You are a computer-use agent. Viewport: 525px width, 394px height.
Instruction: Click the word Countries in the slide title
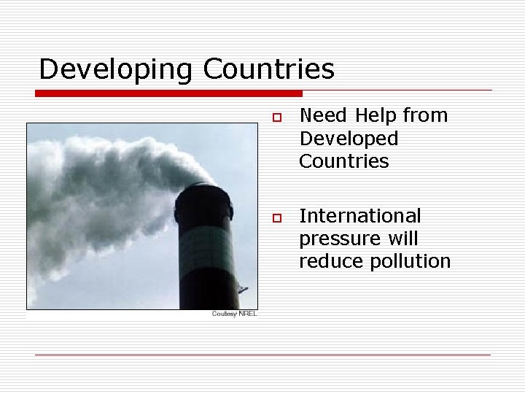269,69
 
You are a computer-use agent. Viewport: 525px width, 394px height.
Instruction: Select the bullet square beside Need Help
276,117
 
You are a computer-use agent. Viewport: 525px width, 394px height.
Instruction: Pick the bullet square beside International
276,218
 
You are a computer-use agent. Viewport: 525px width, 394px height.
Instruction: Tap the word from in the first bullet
425,115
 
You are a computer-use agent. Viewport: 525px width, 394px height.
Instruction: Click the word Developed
349,138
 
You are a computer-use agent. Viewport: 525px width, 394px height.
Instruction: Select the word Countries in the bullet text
344,161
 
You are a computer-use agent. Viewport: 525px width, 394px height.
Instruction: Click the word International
360,216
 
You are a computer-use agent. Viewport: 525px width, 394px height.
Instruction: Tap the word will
403,239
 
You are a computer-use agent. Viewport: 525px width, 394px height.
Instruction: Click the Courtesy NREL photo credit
234,314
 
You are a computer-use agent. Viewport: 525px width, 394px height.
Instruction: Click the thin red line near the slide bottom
262,355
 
